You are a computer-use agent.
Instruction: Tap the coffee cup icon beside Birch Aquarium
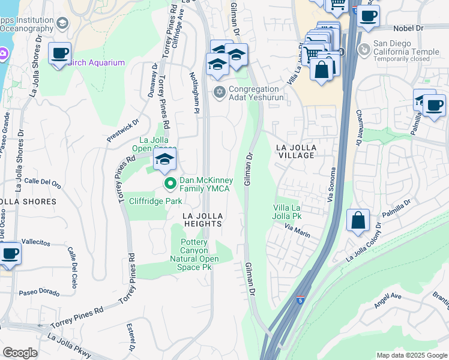click(x=59, y=53)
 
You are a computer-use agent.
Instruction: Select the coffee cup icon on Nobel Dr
click(x=368, y=16)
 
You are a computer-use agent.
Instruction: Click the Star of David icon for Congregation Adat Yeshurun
click(x=220, y=91)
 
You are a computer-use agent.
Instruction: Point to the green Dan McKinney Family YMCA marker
click(x=170, y=184)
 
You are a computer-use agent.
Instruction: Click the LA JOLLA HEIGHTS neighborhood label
click(x=203, y=219)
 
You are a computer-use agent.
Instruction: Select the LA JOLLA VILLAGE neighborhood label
click(x=295, y=151)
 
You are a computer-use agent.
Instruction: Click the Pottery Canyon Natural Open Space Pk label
click(x=200, y=254)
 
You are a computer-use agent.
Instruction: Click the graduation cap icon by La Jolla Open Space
click(x=164, y=160)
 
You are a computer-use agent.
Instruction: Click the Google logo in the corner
click(x=20, y=352)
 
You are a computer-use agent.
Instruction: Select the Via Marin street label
click(x=297, y=231)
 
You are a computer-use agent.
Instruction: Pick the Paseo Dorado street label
click(x=39, y=292)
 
